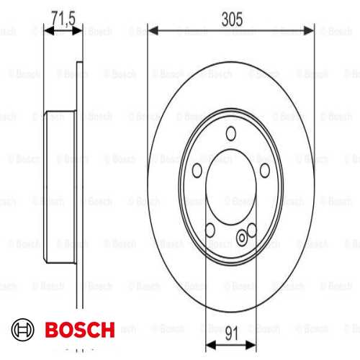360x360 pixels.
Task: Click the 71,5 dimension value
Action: tap(63, 16)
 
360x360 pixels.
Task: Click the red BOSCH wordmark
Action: tap(79, 330)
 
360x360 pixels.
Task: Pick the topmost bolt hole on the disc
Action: tap(231, 132)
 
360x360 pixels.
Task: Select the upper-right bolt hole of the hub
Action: tap(264, 168)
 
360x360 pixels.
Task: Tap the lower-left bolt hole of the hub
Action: tap(210, 230)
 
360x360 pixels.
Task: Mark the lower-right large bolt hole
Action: tap(251, 230)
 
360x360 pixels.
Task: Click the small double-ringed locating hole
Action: tap(242, 235)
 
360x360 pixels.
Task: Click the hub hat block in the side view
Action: tap(63, 185)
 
